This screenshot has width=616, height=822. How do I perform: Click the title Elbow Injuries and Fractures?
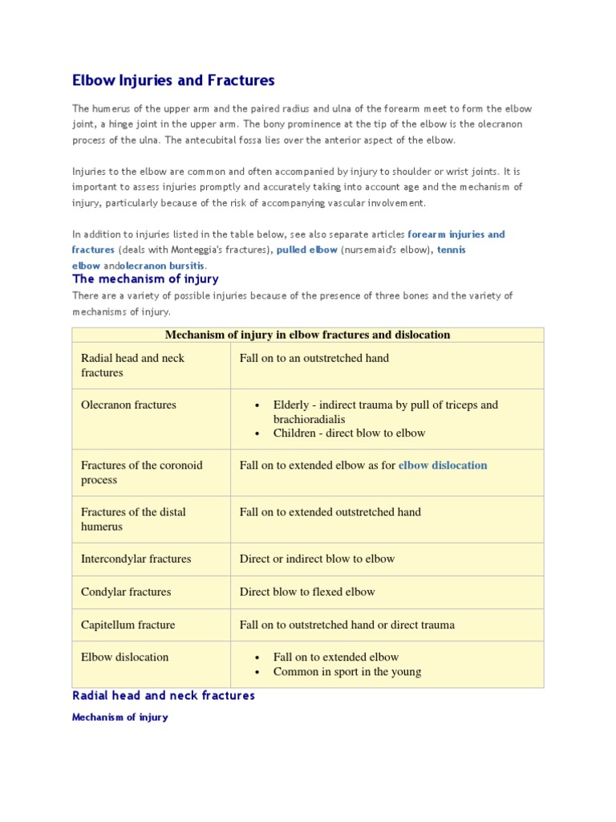173,80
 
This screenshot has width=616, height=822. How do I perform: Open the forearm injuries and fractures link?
456,234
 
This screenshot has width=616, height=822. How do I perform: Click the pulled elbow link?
306,250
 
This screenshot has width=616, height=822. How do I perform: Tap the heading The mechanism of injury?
145,279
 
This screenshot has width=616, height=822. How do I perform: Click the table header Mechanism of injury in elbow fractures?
307,335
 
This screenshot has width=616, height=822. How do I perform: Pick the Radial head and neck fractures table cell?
132,365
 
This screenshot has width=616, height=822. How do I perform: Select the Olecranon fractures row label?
128,405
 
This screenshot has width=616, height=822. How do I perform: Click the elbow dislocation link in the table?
443,465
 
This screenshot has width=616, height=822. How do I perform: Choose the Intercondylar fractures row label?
136,559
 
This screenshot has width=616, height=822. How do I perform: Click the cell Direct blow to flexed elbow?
307,592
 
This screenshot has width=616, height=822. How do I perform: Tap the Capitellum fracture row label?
128,625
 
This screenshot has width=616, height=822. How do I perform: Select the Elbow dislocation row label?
124,657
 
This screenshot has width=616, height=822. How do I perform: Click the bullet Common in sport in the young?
346,672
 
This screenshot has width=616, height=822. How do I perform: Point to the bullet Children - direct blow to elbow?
349,433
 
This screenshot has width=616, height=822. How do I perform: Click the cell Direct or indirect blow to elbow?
317,559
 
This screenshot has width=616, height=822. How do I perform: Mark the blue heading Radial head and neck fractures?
164,696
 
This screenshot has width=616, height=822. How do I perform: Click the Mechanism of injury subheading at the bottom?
120,718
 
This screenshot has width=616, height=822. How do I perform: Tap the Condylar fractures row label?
126,592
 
